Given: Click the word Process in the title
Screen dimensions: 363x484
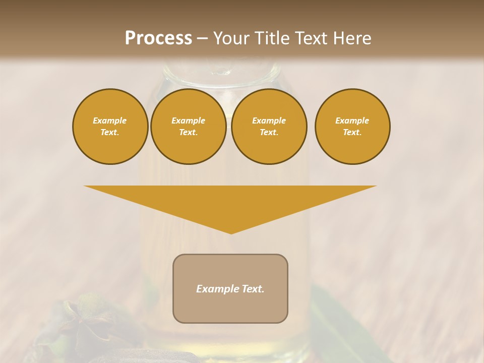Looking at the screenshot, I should click(158, 38).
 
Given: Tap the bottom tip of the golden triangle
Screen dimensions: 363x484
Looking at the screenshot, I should click(231, 233).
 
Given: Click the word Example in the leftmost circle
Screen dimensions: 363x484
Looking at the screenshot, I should click(110, 120).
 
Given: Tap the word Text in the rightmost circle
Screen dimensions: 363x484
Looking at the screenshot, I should click(352, 132).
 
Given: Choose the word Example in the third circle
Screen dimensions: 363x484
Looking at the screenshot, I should click(269, 120).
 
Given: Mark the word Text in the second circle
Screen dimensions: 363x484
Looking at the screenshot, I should click(188, 132).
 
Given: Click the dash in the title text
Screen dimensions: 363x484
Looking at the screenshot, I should click(202, 38).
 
